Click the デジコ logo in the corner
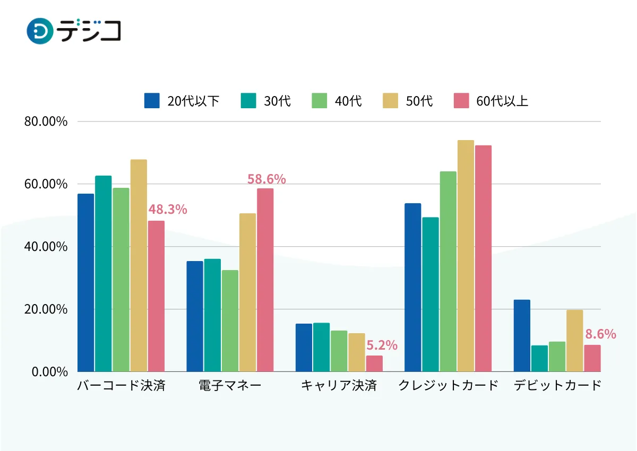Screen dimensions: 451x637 pyautogui.click(x=73, y=31)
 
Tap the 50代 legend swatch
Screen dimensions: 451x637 pyautogui.click(x=390, y=101)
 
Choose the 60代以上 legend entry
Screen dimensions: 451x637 pyautogui.click(x=491, y=101)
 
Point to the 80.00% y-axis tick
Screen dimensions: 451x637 pyautogui.click(x=46, y=122)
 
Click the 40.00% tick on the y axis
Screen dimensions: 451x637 pyautogui.click(x=46, y=247)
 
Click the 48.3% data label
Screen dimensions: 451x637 pyautogui.click(x=168, y=210)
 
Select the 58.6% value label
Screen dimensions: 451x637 pyautogui.click(x=266, y=179)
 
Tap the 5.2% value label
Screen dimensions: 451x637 pyautogui.click(x=382, y=345)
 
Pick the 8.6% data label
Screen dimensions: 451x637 pyautogui.click(x=600, y=334)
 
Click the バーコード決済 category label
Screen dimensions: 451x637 pyautogui.click(x=121, y=386)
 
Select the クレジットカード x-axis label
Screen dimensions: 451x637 pyautogui.click(x=449, y=386)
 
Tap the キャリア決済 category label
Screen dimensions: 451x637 pyautogui.click(x=339, y=386)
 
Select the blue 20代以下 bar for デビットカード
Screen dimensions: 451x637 pyautogui.click(x=522, y=336)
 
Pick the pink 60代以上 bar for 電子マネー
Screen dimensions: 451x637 pyautogui.click(x=265, y=280)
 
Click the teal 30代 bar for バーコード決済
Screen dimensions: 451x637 pyautogui.click(x=104, y=274)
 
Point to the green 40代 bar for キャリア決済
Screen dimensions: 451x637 pyautogui.click(x=339, y=351)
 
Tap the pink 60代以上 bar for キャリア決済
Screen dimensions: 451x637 pyautogui.click(x=374, y=363)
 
